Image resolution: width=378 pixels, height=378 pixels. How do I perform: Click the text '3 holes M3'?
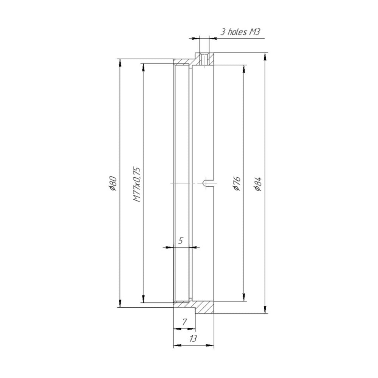coord(240,32)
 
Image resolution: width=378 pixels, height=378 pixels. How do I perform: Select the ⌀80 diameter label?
coord(113,183)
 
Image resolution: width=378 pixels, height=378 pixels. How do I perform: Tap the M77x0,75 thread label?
coord(136,184)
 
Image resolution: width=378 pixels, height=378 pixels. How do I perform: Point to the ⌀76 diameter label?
coord(237,183)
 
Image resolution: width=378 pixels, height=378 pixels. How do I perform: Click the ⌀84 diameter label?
coord(258,184)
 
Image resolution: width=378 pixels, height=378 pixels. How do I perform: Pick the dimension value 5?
coord(181,240)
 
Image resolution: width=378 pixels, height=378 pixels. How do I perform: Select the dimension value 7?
coord(184,322)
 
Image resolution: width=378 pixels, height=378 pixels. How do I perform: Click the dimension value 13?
coord(193,339)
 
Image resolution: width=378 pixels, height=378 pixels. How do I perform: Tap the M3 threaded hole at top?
coord(204,60)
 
